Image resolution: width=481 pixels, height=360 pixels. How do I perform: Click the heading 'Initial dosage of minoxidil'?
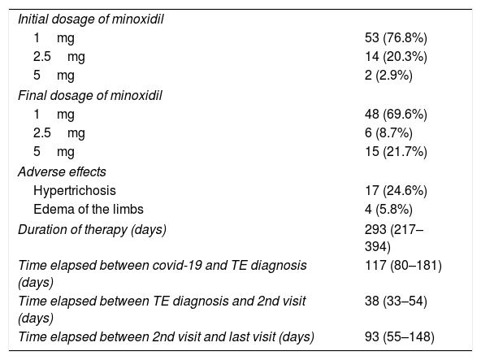(x=90, y=20)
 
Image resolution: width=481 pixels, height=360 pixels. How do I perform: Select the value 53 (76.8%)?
(x=396, y=38)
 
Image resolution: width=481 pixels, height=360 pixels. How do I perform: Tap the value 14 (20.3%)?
(x=396, y=57)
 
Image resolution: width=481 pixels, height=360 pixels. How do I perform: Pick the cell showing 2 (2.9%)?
(x=388, y=76)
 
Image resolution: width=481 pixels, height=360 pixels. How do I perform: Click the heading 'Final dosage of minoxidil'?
(x=90, y=95)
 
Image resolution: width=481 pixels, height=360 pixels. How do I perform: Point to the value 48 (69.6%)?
(x=396, y=115)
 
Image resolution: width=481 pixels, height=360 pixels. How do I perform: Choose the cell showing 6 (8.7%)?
(x=388, y=133)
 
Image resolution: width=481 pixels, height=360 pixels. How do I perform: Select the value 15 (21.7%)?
(x=396, y=152)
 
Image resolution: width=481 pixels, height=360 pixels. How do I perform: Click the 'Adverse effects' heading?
(x=62, y=171)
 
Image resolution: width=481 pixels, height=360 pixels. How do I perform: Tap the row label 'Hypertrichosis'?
(x=75, y=191)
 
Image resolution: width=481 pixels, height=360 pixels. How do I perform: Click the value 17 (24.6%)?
(x=396, y=191)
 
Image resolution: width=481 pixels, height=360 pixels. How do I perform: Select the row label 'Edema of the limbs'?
(x=89, y=210)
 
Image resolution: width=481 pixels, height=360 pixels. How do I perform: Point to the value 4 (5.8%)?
(x=388, y=210)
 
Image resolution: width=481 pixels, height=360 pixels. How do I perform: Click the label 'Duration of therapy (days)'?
(x=92, y=230)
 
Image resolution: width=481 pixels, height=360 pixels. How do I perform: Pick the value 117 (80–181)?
(x=403, y=266)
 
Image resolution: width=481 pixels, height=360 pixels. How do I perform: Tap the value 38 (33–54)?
(x=396, y=301)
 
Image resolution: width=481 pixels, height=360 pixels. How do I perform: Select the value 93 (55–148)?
(x=400, y=337)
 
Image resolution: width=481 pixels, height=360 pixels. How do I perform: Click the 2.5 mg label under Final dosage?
(x=59, y=133)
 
